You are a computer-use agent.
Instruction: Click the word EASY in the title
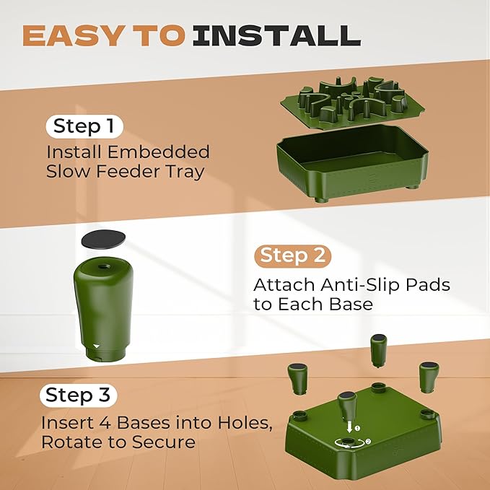coord(72,35)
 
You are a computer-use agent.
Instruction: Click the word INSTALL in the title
coord(277,35)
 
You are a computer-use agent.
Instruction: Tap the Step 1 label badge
coord(84,126)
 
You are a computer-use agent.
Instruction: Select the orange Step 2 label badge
coord(293,256)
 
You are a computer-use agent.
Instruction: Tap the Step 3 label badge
coord(78,395)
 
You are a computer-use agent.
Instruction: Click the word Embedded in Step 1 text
coord(158,152)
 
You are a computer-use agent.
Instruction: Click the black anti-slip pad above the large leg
coord(103,239)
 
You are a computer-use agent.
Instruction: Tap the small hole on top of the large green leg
coord(102,266)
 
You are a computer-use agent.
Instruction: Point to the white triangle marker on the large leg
coord(97,346)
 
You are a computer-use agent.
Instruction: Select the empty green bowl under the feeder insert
coord(352,162)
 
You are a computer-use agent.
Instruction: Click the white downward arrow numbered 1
coord(350,427)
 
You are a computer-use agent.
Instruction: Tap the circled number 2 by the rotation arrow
coord(368,441)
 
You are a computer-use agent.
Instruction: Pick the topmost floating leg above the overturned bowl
coord(378,351)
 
